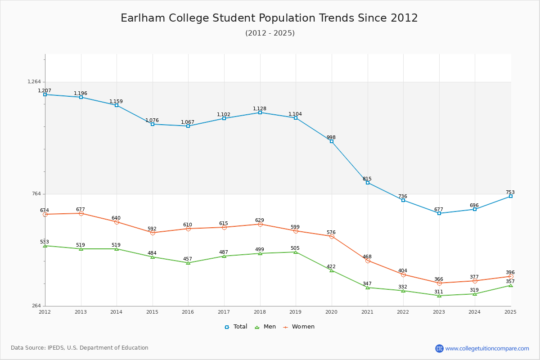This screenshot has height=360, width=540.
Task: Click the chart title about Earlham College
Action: (x=269, y=18)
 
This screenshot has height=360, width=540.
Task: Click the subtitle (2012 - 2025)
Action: (x=270, y=33)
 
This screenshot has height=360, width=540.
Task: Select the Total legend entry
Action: (x=236, y=327)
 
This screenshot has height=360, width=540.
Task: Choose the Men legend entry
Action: (x=266, y=327)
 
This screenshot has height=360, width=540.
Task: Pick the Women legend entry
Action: (x=299, y=327)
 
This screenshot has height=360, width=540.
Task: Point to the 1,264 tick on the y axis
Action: (x=34, y=82)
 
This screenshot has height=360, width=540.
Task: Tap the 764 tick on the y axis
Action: (x=37, y=194)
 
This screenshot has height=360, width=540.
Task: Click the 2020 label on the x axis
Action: (x=331, y=312)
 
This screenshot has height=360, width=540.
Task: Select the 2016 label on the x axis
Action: (x=188, y=312)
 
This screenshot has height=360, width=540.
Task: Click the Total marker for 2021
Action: (x=368, y=183)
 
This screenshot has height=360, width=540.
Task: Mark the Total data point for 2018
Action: (x=260, y=112)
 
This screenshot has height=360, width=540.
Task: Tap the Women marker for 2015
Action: (x=153, y=233)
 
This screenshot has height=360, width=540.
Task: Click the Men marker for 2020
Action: (x=332, y=270)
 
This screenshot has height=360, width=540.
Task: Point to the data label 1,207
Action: (x=45, y=91)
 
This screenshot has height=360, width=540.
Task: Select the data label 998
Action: (x=331, y=138)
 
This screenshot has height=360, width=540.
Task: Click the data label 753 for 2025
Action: (x=510, y=193)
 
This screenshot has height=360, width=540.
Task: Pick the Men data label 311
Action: (x=439, y=292)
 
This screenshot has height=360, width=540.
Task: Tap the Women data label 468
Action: (x=367, y=257)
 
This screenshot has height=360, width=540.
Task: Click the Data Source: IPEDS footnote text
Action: (x=80, y=348)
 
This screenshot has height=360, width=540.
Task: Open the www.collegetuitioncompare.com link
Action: (x=487, y=348)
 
